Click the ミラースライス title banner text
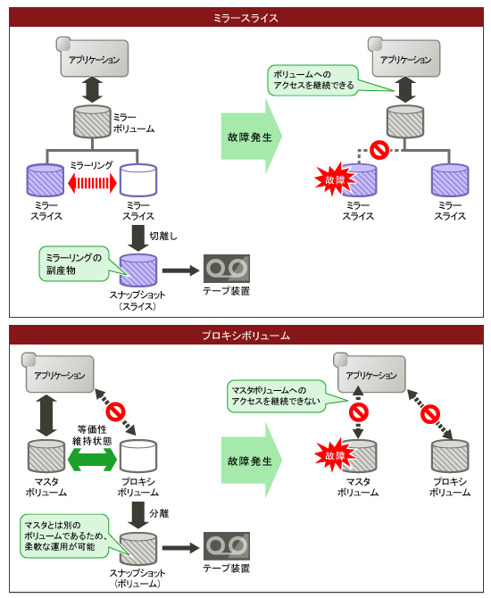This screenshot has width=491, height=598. (x=245, y=18)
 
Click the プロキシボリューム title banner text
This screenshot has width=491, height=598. (x=245, y=336)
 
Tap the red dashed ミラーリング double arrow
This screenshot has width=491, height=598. (x=92, y=183)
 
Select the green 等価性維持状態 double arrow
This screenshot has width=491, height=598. (x=92, y=459)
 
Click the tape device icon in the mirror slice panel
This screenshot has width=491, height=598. (x=226, y=269)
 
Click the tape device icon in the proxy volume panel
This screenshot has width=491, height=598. (x=226, y=546)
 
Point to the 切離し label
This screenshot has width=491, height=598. (x=163, y=236)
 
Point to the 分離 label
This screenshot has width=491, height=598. (x=159, y=513)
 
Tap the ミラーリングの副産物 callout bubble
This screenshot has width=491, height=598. (x=74, y=264)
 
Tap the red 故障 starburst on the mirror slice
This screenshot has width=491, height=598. (x=335, y=179)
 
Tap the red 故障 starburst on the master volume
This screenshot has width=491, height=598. (x=335, y=455)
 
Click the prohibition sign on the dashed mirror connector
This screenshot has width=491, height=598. (x=379, y=150)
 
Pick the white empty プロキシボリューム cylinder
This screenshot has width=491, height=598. (x=138, y=456)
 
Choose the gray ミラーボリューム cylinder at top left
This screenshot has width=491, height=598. (x=92, y=121)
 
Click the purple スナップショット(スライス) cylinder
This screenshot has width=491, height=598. (x=138, y=270)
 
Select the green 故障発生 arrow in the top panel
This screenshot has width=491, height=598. (x=252, y=137)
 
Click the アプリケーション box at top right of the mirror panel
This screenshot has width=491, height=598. (x=405, y=58)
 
